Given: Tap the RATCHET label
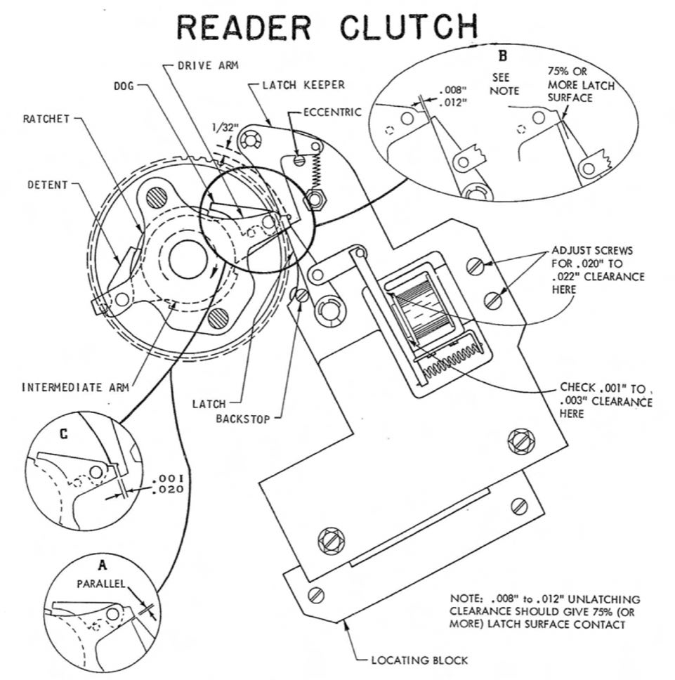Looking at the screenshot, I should coord(47,119).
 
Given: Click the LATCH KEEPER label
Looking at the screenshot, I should coord(303,85).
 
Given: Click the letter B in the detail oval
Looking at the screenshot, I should coord(502,56).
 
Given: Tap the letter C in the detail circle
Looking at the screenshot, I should coord(64,435).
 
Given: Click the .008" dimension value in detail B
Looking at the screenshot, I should coord(450,91).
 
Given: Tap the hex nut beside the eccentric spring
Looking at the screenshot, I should coord(316,199).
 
